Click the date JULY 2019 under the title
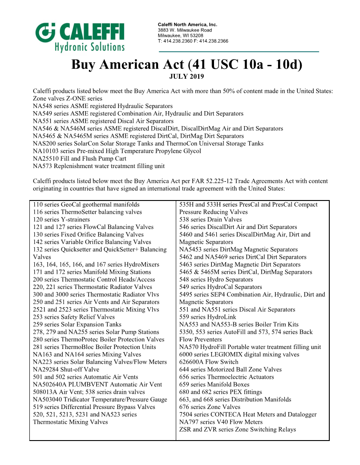[x=186, y=76]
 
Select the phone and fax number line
[x=193, y=41]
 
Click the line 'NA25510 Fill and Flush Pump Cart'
[x=80, y=159]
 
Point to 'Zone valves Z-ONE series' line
[x=68, y=98]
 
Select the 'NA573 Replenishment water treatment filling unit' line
[x=99, y=166]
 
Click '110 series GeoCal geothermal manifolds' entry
[x=86, y=204]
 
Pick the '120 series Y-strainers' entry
[x=61, y=220]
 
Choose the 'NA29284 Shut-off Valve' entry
[x=66, y=369]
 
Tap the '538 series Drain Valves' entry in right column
[x=210, y=220]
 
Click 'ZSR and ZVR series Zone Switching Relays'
[x=238, y=429]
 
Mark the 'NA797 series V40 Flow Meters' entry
[x=221, y=422]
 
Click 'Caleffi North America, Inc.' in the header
[x=187, y=24]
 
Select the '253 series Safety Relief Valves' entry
[x=74, y=317]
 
